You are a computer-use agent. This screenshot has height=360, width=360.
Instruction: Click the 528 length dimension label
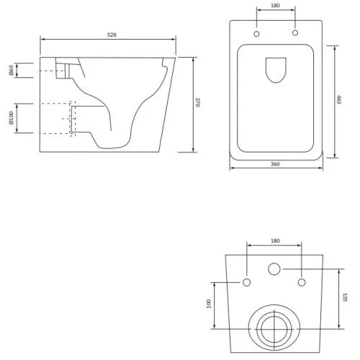[x=112, y=35]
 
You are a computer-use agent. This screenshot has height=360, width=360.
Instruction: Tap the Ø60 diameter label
[x=12, y=70]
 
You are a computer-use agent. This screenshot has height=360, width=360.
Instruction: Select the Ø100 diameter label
[x=12, y=118]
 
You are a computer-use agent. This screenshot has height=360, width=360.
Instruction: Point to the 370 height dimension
[x=197, y=102]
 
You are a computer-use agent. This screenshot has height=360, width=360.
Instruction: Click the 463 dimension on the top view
[x=339, y=99]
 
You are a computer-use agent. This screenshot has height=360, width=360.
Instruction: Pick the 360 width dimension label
[x=275, y=164]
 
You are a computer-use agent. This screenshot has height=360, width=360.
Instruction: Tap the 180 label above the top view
[x=275, y=5]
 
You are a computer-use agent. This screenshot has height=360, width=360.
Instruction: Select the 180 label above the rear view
[x=275, y=240]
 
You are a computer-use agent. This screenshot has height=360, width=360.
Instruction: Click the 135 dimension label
[x=345, y=297]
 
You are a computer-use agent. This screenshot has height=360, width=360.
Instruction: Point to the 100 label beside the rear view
[x=209, y=304]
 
